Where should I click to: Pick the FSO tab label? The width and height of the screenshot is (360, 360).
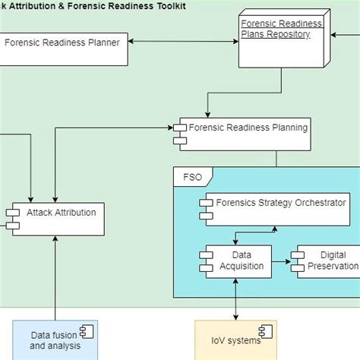[x=194, y=176]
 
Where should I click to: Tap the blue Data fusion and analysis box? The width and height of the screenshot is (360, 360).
[x=55, y=339]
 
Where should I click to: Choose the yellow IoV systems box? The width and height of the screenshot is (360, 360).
[x=236, y=339]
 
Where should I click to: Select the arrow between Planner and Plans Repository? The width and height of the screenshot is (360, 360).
[x=183, y=43]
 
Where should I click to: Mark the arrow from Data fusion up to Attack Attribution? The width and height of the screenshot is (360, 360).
[x=55, y=277]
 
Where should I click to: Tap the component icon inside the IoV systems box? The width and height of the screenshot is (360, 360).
[x=266, y=331]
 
